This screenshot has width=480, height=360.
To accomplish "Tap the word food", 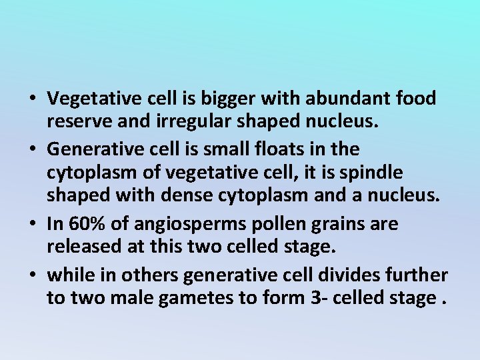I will click(x=415, y=99).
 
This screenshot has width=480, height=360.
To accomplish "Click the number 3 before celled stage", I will click(x=316, y=298).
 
